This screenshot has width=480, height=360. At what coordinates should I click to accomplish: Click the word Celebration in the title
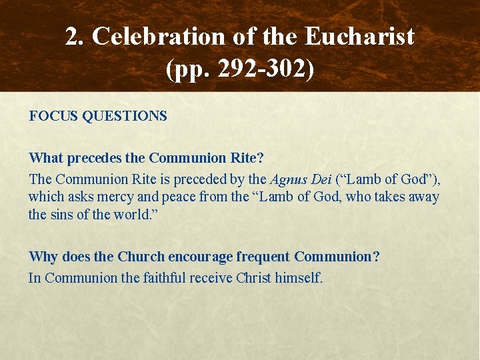[155, 37]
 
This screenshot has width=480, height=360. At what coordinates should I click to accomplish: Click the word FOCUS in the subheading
[53, 116]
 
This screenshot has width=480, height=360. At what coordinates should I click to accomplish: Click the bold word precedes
[93, 158]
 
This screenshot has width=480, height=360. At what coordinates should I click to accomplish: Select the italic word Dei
[323, 179]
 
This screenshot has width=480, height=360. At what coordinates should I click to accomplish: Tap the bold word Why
[43, 257]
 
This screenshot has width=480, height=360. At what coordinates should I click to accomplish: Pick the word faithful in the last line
[165, 277]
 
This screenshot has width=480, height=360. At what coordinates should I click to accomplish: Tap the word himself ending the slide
[300, 277]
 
